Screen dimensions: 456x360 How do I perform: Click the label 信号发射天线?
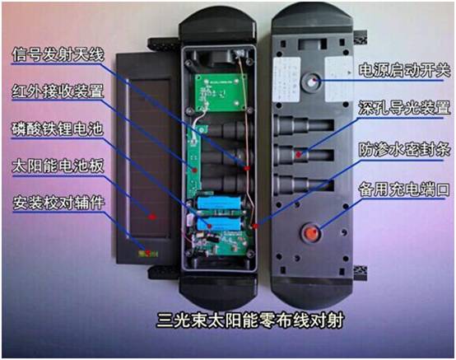click(x=58, y=54)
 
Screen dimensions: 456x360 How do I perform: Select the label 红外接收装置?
click(x=58, y=91)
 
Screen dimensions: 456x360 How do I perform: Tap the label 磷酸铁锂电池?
click(x=58, y=129)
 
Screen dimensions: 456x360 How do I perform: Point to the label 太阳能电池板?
click(x=58, y=166)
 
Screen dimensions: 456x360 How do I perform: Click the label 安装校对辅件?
click(x=58, y=203)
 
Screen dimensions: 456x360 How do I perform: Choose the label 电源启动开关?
click(x=404, y=70)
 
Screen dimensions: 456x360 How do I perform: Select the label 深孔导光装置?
click(x=404, y=108)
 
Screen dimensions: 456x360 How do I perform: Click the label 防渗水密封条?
click(x=404, y=150)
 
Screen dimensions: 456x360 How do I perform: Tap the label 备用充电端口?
click(x=404, y=189)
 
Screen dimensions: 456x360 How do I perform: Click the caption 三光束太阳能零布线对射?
click(x=250, y=320)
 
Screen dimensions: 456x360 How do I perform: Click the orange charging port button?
click(x=311, y=233)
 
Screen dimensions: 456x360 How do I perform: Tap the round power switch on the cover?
click(x=311, y=82)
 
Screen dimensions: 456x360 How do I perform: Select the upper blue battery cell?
click(x=219, y=203)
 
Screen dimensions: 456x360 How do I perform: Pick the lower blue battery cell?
click(x=219, y=224)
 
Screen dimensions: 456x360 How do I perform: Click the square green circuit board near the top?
click(x=221, y=92)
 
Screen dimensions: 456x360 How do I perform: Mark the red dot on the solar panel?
click(x=151, y=217)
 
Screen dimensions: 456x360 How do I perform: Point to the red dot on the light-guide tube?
click(x=299, y=154)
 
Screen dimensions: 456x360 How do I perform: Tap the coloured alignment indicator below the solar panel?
click(x=148, y=254)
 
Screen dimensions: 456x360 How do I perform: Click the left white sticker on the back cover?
click(x=286, y=79)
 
